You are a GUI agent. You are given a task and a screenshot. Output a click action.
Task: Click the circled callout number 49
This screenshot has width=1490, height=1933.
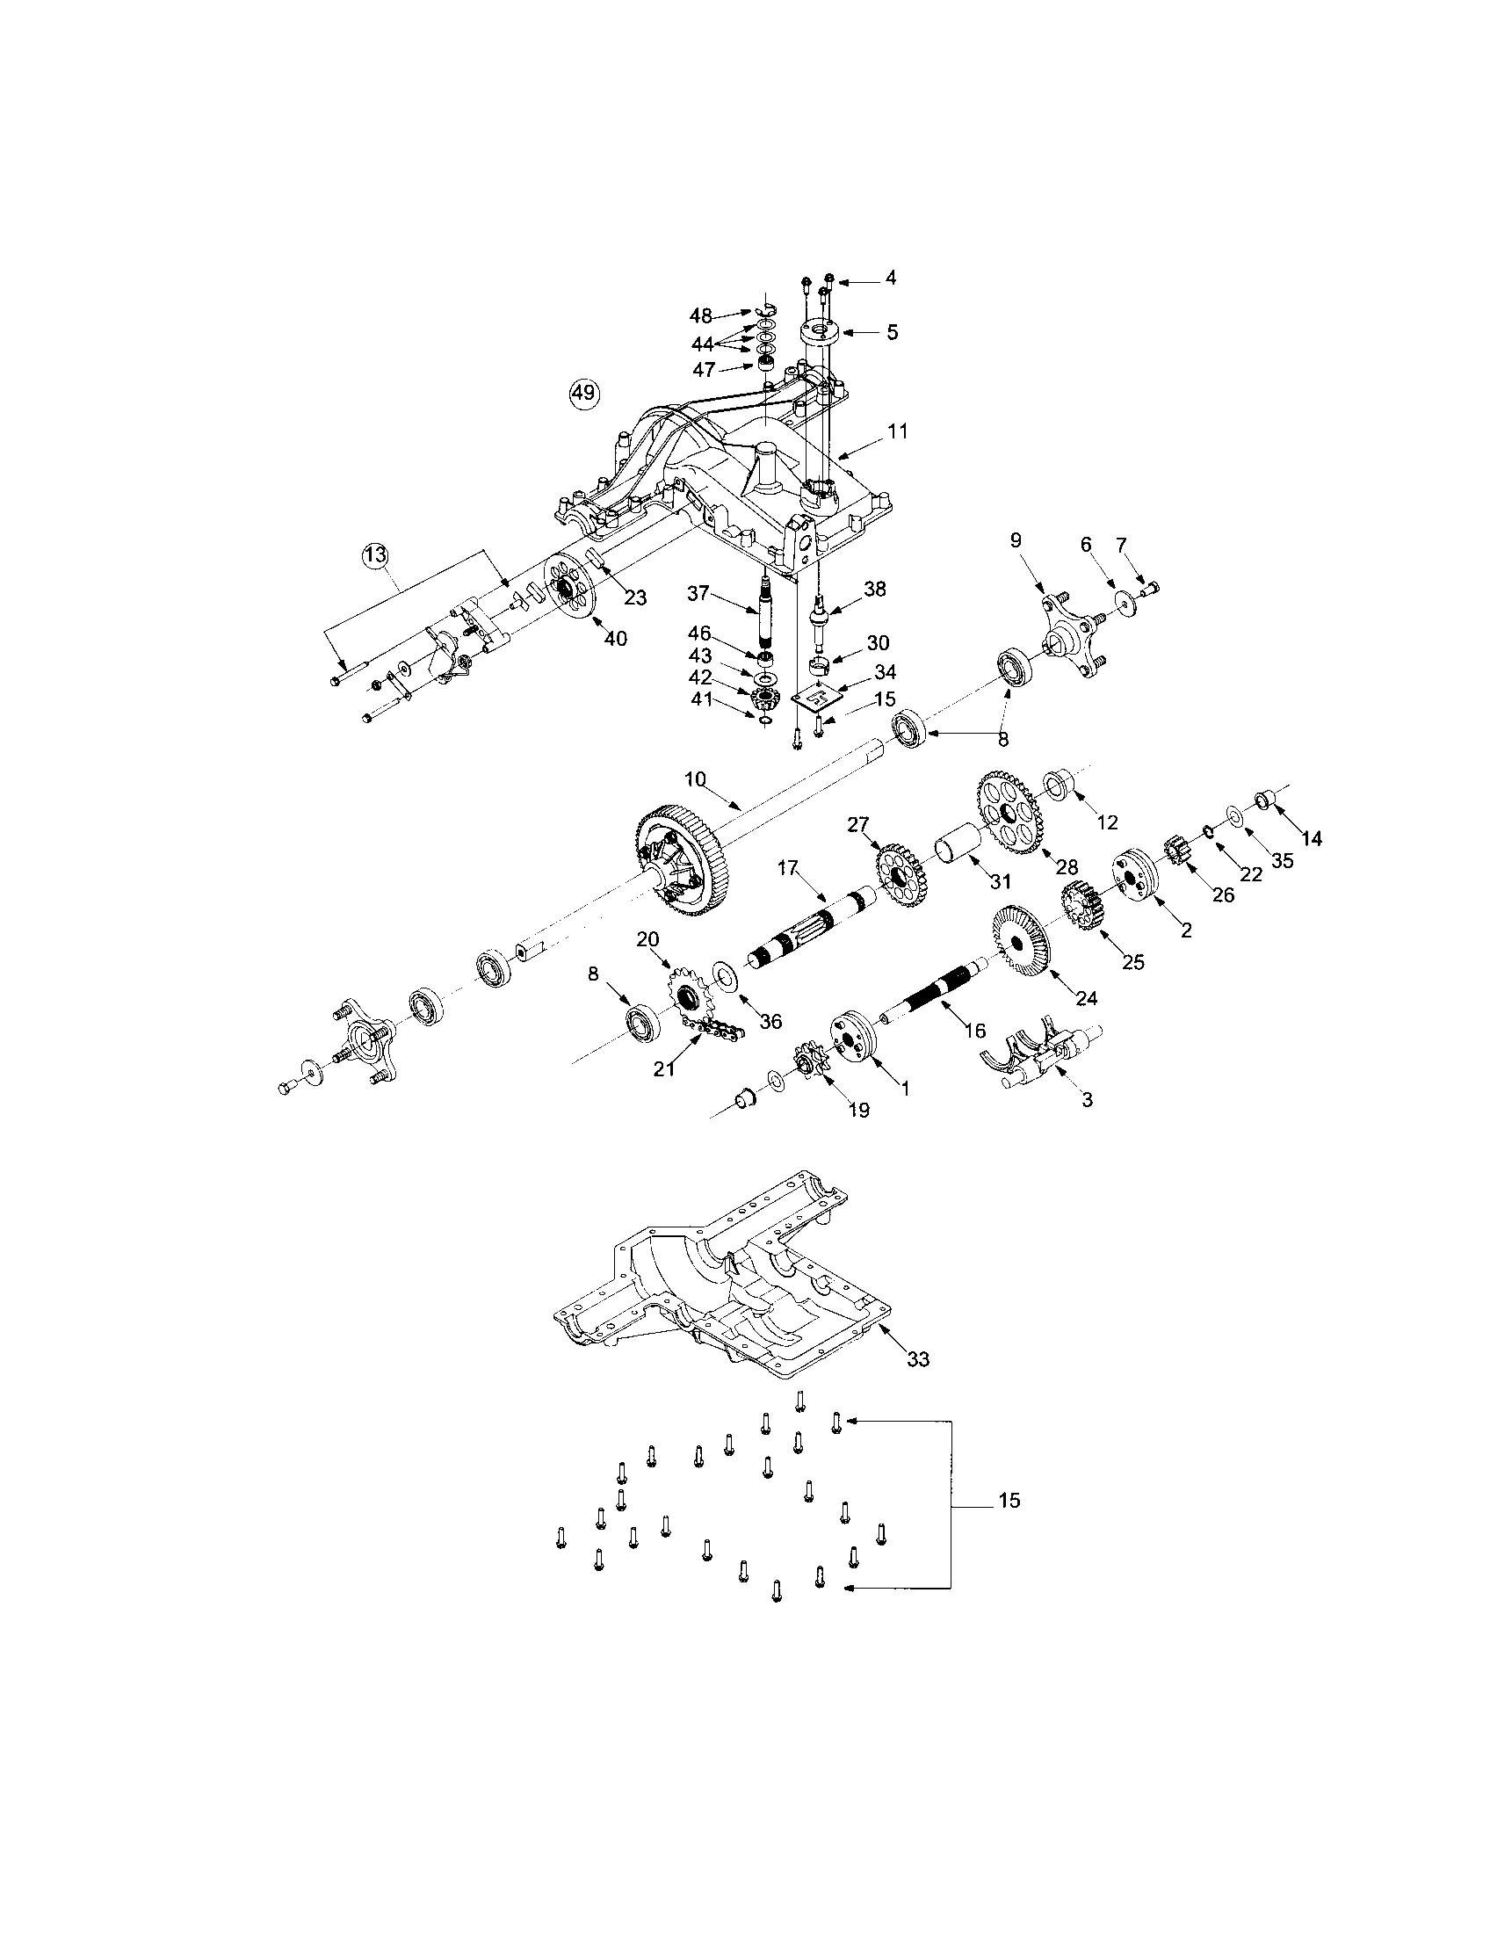[x=583, y=392]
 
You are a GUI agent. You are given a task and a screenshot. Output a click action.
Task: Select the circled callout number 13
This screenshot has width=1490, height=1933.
[x=374, y=556]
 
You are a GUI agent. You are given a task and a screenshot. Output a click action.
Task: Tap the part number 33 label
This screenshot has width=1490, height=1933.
[x=918, y=1357]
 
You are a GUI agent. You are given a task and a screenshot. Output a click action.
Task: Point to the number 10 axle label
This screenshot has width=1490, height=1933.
[x=696, y=778]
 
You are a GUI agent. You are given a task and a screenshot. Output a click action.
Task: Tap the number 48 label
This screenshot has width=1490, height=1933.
[x=701, y=315]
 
